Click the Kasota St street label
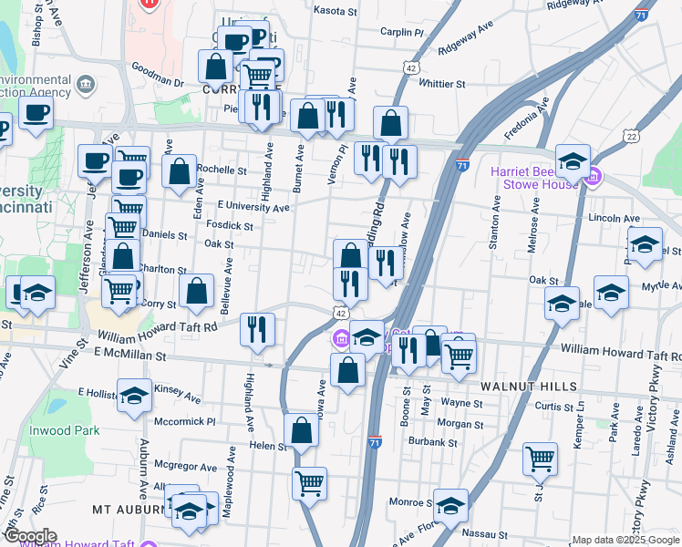coord(336,12)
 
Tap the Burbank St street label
coord(433,443)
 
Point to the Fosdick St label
coord(230,225)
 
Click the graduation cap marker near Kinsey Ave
coord(135,395)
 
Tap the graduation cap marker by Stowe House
coord(573,161)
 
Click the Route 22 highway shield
coord(631,135)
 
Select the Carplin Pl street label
coord(403,32)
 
